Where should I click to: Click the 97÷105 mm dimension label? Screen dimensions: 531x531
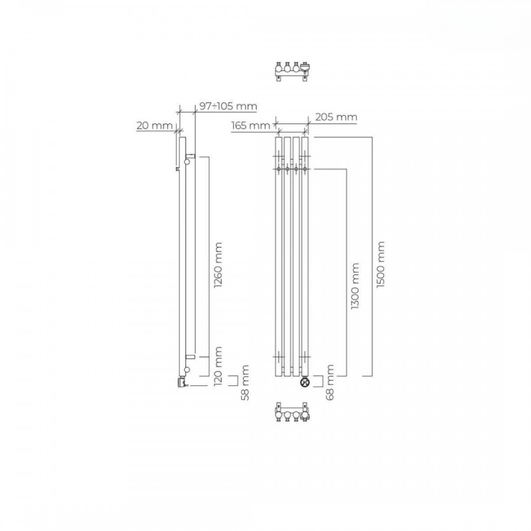[228, 106]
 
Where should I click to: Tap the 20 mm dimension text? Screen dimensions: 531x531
[155, 126]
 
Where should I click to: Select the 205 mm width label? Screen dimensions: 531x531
[336, 117]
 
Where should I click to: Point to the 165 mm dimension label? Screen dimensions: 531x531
[251, 126]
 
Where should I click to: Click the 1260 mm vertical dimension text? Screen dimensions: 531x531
[218, 265]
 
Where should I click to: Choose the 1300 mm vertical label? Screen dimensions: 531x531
[355, 286]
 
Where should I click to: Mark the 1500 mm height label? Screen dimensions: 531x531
[381, 264]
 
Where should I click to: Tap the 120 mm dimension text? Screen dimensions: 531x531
[218, 366]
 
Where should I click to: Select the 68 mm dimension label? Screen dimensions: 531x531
[329, 382]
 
